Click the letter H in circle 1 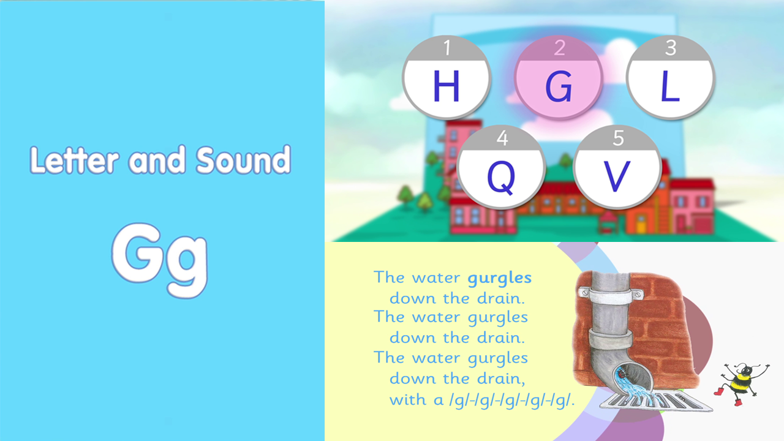[x=447, y=86]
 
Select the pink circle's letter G [x=559, y=86]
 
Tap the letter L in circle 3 [x=670, y=86]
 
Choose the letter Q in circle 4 [x=501, y=178]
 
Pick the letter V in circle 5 [x=617, y=176]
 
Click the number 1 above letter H [x=447, y=48]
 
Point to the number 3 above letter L [x=671, y=48]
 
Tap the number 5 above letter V [x=619, y=138]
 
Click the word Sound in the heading [x=243, y=160]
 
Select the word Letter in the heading [x=74, y=160]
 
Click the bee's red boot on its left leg [x=718, y=391]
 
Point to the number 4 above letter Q [x=503, y=138]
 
